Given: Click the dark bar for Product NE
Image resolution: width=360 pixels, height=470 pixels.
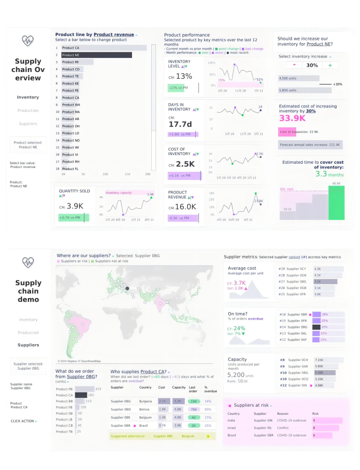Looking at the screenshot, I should (96, 55).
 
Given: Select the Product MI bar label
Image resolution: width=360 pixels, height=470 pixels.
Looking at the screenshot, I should (70, 62).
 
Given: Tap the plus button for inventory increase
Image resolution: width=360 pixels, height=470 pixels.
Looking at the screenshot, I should (330, 65).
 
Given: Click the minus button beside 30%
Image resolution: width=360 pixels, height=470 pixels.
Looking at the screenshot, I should (294, 65).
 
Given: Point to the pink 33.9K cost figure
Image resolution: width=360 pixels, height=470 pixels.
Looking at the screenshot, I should (292, 119).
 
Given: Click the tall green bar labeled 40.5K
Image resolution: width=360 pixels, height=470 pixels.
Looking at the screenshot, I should (336, 202).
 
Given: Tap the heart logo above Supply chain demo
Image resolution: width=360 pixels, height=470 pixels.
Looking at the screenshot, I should (28, 262).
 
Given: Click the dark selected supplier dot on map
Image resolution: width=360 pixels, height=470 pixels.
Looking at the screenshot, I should (128, 289).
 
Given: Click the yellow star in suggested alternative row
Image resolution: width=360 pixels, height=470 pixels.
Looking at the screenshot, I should (208, 436).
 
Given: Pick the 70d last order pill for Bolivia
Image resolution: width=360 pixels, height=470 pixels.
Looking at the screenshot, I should (193, 410).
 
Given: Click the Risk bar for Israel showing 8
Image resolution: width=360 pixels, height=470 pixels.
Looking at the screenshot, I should (326, 428).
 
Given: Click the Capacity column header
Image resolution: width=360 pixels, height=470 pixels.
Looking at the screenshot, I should (179, 387).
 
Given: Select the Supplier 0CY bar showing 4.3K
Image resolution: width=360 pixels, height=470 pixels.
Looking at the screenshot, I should (328, 269).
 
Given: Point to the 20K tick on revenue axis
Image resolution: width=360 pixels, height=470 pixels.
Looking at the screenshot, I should (148, 174).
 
